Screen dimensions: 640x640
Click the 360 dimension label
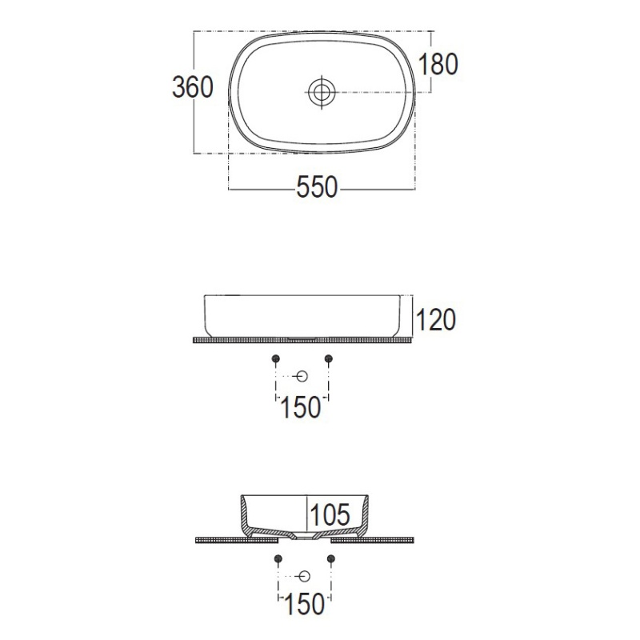(193, 87)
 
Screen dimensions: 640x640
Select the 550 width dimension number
(317, 187)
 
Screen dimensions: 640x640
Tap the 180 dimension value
(438, 65)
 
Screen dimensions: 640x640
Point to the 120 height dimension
(436, 319)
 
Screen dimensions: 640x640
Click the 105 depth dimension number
(330, 514)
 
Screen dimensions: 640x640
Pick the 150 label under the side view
(301, 407)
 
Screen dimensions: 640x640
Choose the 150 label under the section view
(304, 604)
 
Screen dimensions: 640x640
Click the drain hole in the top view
(322, 92)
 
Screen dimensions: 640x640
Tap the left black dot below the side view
(276, 358)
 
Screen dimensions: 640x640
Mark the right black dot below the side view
(329, 358)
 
